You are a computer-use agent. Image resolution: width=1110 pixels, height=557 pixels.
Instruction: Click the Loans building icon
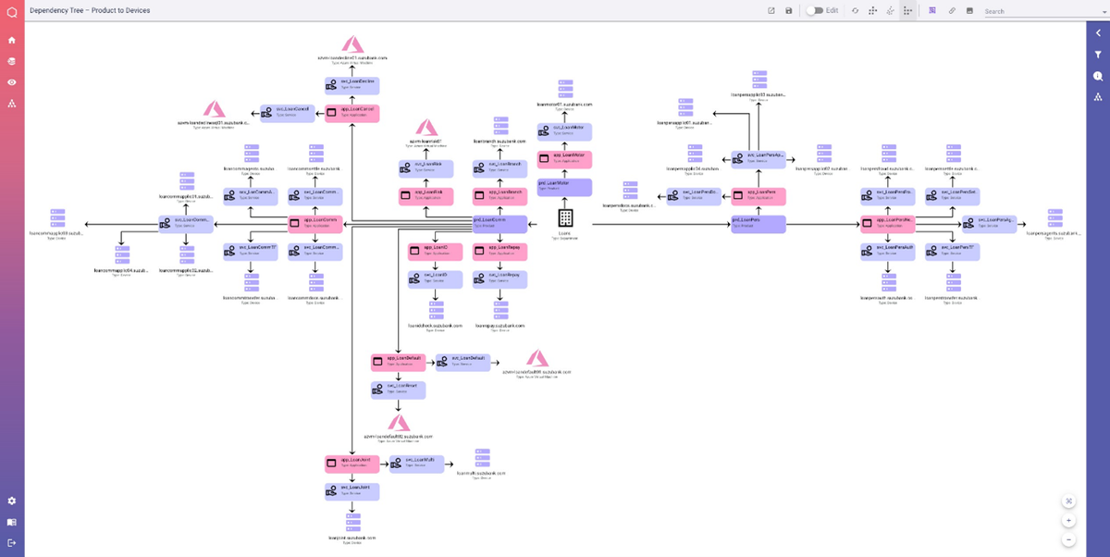coord(565,218)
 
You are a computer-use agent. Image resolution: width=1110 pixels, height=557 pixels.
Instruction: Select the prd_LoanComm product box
coord(499,224)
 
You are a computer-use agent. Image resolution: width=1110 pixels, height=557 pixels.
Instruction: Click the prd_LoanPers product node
coord(758,224)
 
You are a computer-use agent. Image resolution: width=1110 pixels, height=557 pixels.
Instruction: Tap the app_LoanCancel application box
coord(353,114)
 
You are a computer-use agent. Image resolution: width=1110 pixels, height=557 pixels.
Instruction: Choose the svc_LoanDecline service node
coord(352,85)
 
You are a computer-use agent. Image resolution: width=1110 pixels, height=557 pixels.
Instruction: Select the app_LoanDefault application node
coord(398,362)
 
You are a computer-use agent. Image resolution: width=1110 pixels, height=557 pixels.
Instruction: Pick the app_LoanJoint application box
coord(352,463)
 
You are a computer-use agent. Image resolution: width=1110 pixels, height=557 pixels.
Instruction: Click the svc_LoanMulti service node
coord(417,463)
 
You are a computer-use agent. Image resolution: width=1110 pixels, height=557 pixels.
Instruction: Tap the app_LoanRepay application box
coord(499,252)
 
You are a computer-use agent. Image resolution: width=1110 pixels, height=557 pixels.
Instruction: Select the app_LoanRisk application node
coord(425,196)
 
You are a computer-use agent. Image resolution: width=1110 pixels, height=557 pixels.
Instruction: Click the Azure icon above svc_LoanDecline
coord(352,44)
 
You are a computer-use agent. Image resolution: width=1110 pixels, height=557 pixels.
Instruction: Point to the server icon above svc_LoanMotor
coord(565,89)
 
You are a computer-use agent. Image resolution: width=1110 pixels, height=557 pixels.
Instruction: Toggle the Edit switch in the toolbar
coord(815,10)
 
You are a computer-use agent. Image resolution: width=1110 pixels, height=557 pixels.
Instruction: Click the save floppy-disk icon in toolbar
coord(789,10)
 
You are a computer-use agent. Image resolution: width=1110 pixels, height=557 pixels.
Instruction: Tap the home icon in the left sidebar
coord(12,40)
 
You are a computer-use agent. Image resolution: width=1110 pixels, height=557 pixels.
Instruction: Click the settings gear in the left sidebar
coord(12,501)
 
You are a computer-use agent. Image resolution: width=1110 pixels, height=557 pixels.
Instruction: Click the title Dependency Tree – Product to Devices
coord(90,10)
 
